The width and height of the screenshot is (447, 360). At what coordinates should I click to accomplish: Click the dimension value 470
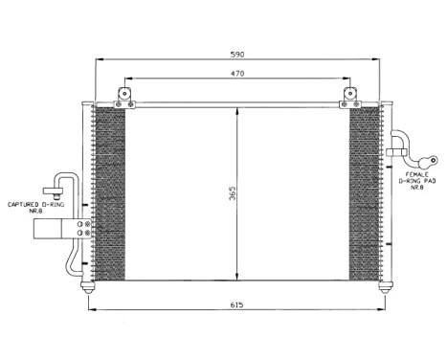pyautogui.click(x=236, y=72)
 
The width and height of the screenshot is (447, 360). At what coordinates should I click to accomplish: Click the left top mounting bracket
pyautogui.click(x=123, y=96)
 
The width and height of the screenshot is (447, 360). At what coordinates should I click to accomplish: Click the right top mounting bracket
pyautogui.click(x=349, y=96)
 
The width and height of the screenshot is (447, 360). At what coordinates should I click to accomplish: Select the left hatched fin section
pyautogui.click(x=109, y=191)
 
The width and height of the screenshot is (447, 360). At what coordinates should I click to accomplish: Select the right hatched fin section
pyautogui.click(x=365, y=191)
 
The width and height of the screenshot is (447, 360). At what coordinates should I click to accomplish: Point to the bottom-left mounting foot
pyautogui.click(x=89, y=286)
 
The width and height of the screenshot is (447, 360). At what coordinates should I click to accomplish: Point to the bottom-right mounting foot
pyautogui.click(x=385, y=286)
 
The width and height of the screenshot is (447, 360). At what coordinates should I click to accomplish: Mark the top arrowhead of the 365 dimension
pyautogui.click(x=237, y=109)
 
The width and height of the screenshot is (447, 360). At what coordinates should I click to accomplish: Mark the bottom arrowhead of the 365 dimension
pyautogui.click(x=237, y=278)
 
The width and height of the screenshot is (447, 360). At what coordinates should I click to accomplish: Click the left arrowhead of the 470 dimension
pyautogui.click(x=126, y=79)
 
